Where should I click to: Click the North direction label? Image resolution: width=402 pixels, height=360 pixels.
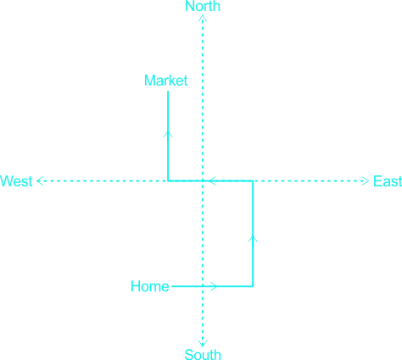click(x=203, y=6)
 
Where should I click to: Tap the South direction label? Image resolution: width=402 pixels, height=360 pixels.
click(x=203, y=355)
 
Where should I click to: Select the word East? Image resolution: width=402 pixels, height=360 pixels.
click(x=388, y=181)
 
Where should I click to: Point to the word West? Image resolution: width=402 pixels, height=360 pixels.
click(x=16, y=181)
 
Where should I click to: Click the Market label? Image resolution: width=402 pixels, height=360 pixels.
click(x=165, y=80)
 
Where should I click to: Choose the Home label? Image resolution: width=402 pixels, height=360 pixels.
click(x=150, y=286)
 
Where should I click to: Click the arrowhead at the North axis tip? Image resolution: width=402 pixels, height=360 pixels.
click(x=203, y=19)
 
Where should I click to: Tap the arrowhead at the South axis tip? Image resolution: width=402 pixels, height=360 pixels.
click(x=203, y=344)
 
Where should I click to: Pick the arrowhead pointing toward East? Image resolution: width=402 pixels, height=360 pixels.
click(x=366, y=181)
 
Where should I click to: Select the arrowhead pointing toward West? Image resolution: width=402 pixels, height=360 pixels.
click(x=40, y=181)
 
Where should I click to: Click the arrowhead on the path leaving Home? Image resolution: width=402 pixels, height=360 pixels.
click(x=214, y=286)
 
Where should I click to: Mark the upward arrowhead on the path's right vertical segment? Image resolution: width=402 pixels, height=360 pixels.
click(x=253, y=239)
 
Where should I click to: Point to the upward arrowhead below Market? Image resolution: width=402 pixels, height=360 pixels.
click(x=168, y=134)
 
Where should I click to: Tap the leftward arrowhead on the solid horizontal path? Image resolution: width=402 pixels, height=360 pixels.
click(x=212, y=180)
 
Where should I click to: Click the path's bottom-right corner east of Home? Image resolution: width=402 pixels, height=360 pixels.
click(x=253, y=286)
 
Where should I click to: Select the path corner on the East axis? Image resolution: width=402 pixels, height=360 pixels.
click(x=253, y=180)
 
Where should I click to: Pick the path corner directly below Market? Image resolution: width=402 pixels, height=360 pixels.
click(x=168, y=180)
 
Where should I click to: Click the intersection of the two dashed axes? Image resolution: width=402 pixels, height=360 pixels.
click(x=203, y=180)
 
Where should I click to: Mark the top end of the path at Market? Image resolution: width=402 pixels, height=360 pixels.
click(x=168, y=91)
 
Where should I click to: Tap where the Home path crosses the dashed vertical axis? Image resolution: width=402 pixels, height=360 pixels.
click(x=203, y=286)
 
